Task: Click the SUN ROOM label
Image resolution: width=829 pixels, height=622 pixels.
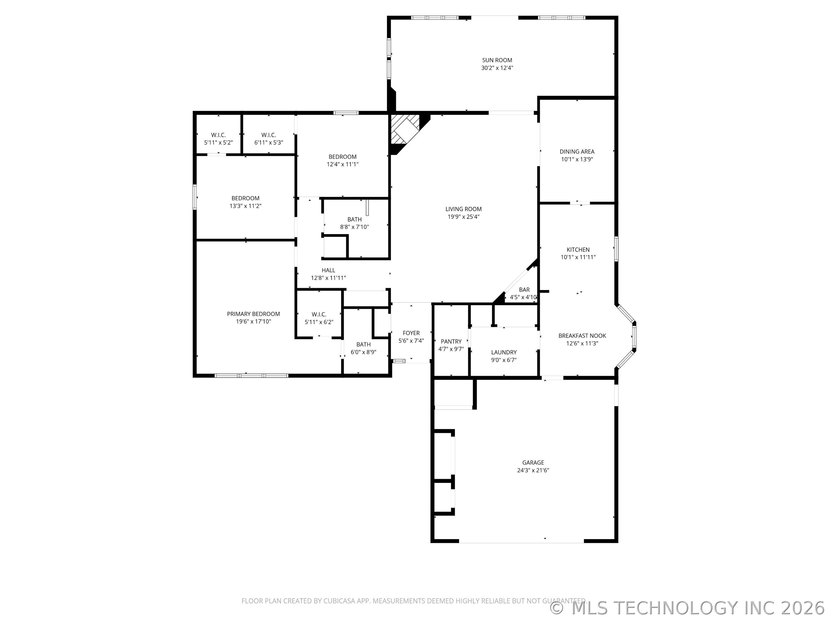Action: pyautogui.click(x=497, y=60)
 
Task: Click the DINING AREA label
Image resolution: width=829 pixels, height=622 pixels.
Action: pyautogui.click(x=577, y=151)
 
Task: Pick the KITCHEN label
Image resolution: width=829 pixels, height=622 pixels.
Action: pyautogui.click(x=578, y=250)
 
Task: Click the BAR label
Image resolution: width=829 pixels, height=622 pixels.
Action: pyautogui.click(x=524, y=290)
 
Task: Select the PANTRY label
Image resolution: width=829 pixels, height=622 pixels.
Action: pyautogui.click(x=451, y=342)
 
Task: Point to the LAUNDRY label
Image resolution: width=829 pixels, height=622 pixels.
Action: pyautogui.click(x=504, y=352)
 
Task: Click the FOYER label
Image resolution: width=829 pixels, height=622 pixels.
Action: pyautogui.click(x=411, y=333)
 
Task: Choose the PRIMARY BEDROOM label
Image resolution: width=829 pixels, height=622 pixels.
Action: pyautogui.click(x=253, y=314)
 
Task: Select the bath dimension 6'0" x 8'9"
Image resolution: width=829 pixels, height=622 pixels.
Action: pyautogui.click(x=363, y=352)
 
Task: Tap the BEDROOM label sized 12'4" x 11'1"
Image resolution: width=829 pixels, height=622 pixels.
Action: pyautogui.click(x=343, y=157)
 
